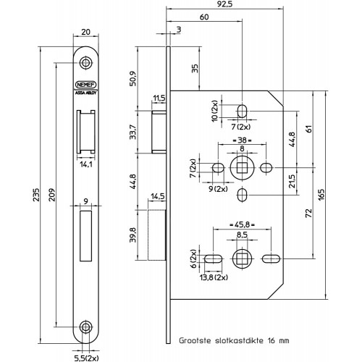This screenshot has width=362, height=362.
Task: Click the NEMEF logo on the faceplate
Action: pos(86,85)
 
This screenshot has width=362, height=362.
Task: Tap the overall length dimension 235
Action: pos(35,194)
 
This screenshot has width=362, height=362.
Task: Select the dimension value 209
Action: pos(51,195)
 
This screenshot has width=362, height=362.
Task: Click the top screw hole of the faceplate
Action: pos(85,62)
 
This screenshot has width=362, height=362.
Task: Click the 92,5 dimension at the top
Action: pos(224,4)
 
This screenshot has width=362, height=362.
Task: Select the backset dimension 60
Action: pos(204,17)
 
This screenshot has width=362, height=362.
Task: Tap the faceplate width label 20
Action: pos(85,32)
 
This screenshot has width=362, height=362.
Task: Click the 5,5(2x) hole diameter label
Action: pos(86,358)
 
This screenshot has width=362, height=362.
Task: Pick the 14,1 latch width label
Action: pos(86,164)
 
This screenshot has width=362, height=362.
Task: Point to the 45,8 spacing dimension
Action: pos(242,224)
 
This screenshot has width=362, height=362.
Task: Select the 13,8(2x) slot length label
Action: pos(214,277)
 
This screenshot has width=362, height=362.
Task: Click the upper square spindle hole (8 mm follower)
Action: pos(242,168)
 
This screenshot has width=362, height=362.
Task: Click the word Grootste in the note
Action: pos(195,340)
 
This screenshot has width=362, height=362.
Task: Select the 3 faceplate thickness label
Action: pos(179,30)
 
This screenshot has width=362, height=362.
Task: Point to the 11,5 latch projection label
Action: pos(159,98)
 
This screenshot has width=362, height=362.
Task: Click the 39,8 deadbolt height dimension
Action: pos(133,235)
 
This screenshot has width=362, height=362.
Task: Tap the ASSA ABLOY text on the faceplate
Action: pos(86,93)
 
